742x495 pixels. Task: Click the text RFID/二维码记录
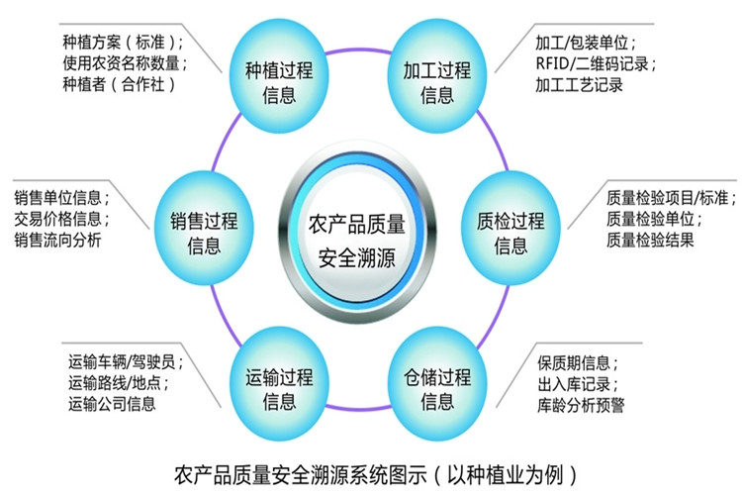point(592,63)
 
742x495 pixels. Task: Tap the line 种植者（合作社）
point(120,85)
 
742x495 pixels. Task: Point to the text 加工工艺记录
point(579,85)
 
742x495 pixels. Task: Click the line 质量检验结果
point(650,240)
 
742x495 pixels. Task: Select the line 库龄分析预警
point(581,405)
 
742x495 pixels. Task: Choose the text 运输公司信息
point(112,404)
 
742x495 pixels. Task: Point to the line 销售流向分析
point(57,240)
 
